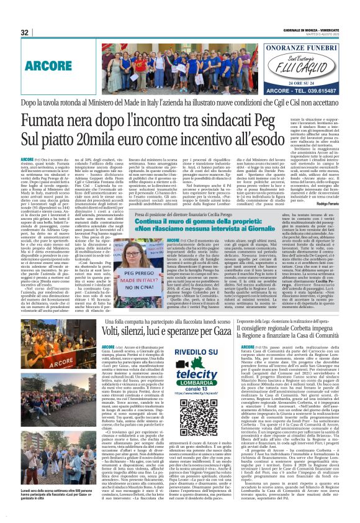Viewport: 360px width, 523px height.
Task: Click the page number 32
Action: [x=25, y=32]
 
